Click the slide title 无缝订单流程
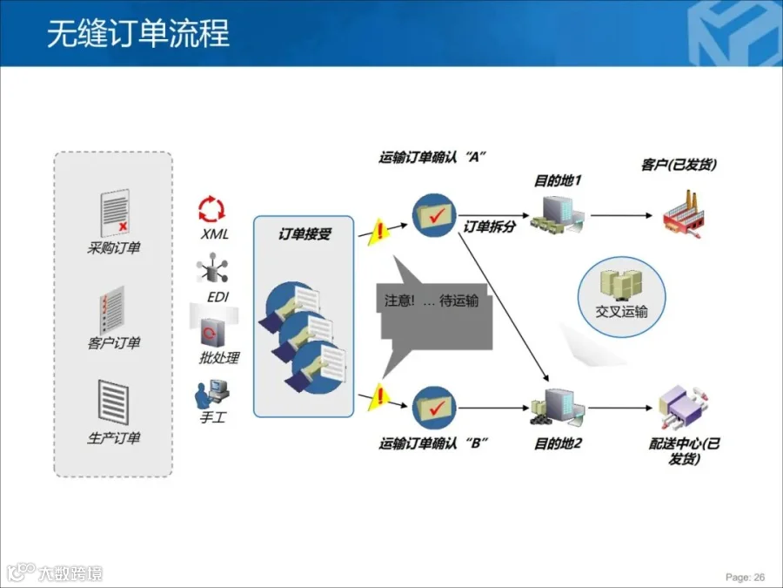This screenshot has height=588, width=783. point(137,33)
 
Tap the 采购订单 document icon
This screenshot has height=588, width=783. point(114,213)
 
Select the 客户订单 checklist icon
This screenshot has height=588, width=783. point(114,309)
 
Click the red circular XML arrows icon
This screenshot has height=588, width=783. point(211,209)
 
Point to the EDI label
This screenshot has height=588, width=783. point(217,297)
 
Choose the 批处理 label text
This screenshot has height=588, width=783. point(218,357)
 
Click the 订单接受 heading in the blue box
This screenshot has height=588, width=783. point(304,234)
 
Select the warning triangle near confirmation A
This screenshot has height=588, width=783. point(378,232)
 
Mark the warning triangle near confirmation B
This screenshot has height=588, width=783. point(378,397)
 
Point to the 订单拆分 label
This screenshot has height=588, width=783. point(489,227)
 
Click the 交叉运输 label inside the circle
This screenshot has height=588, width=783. point(621,311)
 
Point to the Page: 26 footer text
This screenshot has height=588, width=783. point(745,577)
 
